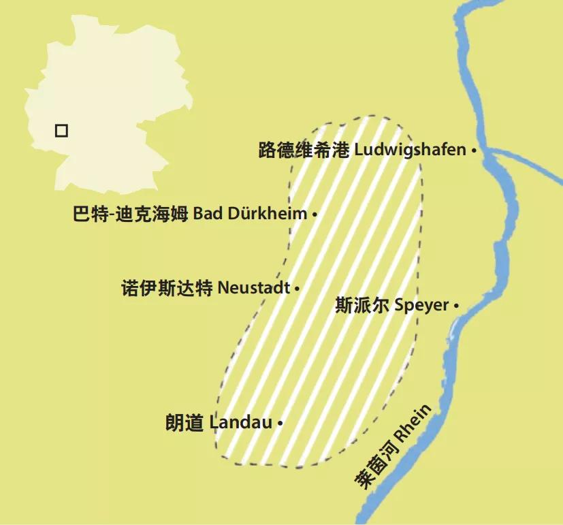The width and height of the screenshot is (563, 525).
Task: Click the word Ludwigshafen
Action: click(x=410, y=150)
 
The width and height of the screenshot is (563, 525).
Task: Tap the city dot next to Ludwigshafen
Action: click(x=473, y=150)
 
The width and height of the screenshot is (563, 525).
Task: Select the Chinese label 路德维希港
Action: click(x=304, y=150)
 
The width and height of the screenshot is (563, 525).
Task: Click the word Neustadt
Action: click(x=253, y=288)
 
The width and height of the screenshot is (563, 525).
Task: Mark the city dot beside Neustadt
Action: click(x=297, y=289)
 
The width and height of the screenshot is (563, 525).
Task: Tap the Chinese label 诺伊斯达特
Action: click(x=166, y=288)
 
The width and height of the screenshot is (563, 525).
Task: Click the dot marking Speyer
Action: click(x=455, y=306)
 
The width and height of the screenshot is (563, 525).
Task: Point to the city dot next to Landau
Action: click(x=280, y=423)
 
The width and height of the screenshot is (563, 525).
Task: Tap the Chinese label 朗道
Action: click(x=184, y=423)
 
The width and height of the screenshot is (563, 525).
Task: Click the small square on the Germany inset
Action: click(x=61, y=130)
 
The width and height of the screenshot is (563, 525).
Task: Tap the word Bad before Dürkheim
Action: click(x=207, y=214)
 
